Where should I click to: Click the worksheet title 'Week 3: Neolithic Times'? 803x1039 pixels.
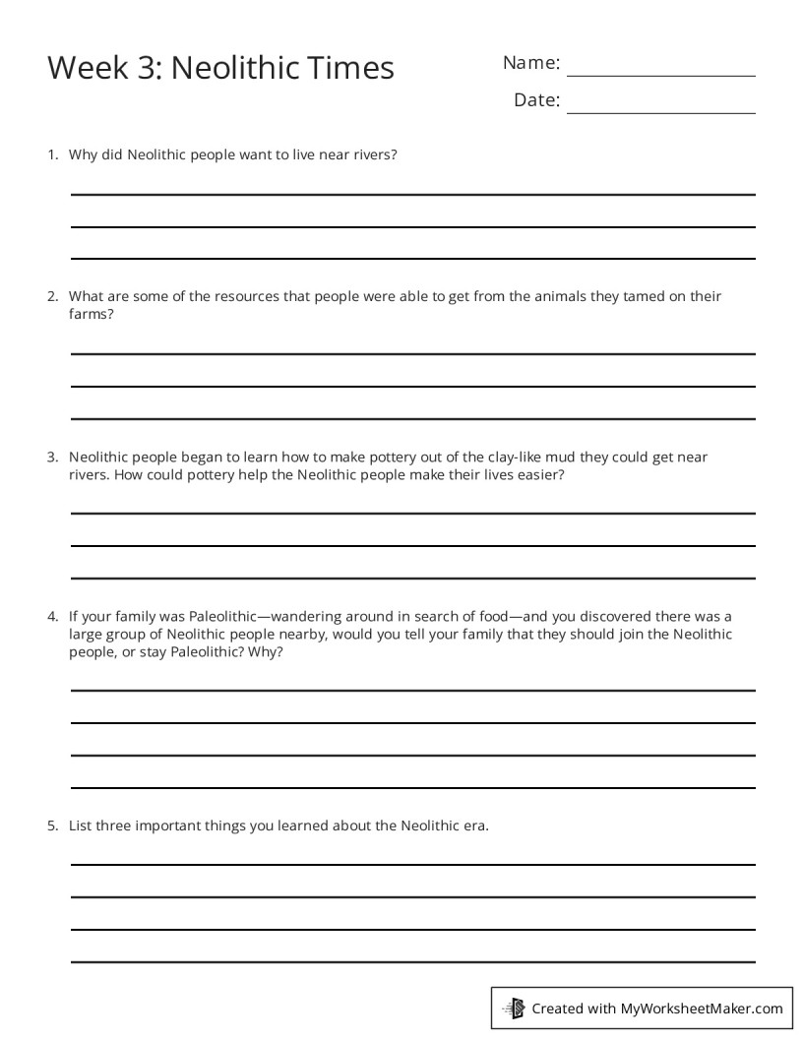point(220,68)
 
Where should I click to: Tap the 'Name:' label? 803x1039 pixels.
point(531,63)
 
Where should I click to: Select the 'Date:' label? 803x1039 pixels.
point(536,100)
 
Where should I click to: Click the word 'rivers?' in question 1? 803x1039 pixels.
point(373,154)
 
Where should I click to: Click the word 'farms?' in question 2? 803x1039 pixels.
point(92,315)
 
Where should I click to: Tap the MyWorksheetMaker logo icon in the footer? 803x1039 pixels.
point(513,1008)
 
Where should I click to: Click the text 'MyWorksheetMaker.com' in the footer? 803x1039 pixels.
point(702,1008)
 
